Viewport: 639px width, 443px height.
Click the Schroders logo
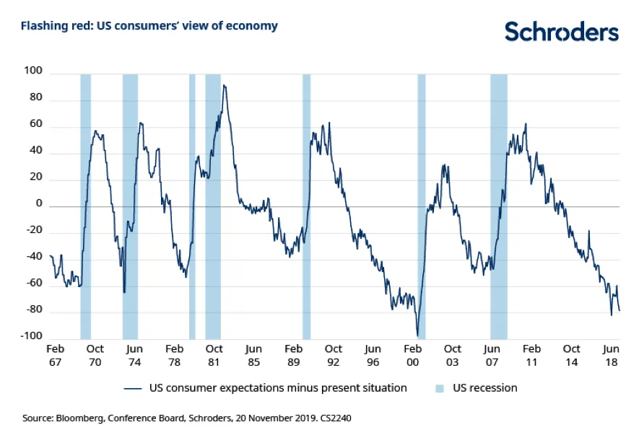click(561, 31)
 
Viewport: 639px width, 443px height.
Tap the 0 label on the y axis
click(40, 206)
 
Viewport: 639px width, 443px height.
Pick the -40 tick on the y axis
click(34, 258)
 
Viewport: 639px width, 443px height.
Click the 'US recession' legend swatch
click(439, 388)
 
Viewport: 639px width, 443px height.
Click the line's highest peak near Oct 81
click(224, 86)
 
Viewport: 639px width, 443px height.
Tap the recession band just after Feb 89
click(306, 206)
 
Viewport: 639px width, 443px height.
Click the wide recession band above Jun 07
click(498, 206)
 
